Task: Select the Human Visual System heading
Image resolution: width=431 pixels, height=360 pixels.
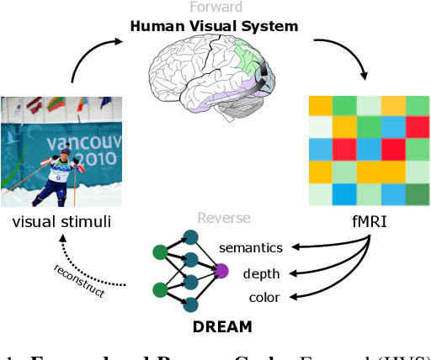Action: point(214,26)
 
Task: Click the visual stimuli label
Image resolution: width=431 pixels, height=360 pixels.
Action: point(61,223)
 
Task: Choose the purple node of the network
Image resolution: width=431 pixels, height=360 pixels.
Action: point(222,270)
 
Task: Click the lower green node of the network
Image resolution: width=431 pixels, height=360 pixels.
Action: point(158,291)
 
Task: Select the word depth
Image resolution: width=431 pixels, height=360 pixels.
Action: point(262,273)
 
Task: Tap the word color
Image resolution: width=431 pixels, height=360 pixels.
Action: point(263,298)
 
